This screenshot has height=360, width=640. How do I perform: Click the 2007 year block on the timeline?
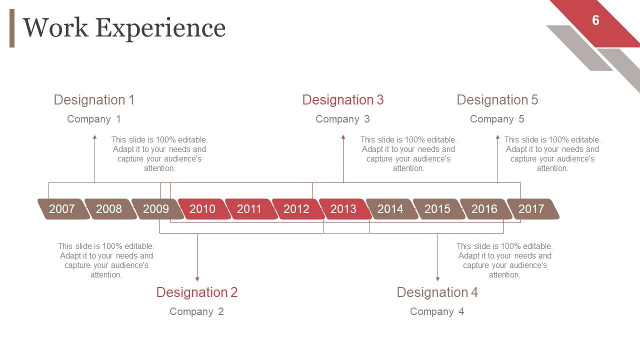63,209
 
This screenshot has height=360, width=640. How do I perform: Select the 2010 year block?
204,209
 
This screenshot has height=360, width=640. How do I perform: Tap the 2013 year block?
345,209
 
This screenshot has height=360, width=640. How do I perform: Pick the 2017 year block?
533,209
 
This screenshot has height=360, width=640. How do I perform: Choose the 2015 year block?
439,209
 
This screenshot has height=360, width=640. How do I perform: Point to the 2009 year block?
157,209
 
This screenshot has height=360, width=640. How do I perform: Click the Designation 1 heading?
94,100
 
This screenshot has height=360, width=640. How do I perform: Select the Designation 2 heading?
197,292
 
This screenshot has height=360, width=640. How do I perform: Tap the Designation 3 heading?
343,100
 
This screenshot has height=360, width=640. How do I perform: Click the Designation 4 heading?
437,292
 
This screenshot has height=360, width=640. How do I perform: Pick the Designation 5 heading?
497,100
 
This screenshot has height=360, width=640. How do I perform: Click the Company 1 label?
94,119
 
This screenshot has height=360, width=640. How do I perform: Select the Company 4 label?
437,311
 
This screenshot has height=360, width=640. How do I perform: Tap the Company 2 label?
196,311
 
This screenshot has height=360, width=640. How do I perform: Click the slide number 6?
595,20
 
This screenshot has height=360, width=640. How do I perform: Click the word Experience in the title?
160,28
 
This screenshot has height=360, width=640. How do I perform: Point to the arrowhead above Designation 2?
197,279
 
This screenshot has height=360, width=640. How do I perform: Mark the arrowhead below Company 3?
343,137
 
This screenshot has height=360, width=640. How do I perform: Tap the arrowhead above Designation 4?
437,279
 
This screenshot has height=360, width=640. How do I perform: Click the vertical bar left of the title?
12,28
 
